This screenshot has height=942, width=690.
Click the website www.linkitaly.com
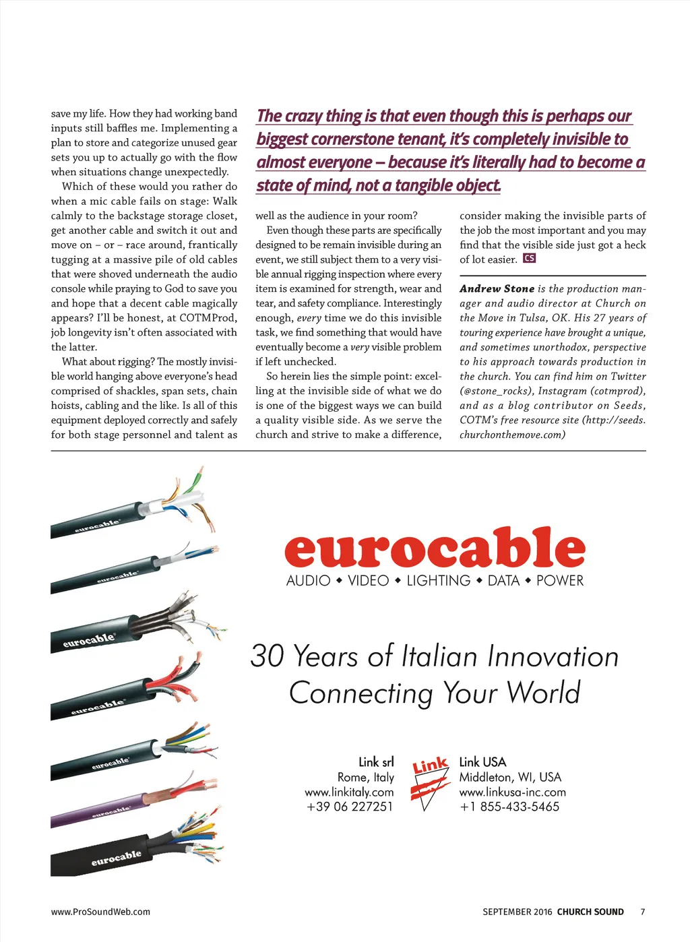click(x=349, y=792)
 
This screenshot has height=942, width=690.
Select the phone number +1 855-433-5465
click(x=509, y=807)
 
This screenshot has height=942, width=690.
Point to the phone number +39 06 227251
click(x=349, y=807)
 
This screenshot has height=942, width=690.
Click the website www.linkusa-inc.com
click(x=512, y=792)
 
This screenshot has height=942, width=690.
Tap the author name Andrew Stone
click(x=497, y=288)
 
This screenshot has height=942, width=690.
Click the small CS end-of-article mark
click(x=530, y=259)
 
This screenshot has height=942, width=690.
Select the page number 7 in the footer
click(x=643, y=912)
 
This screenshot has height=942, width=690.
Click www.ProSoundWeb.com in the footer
click(x=100, y=912)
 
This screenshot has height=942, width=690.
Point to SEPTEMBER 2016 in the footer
click(x=517, y=912)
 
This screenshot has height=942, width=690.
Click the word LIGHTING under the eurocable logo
click(x=438, y=580)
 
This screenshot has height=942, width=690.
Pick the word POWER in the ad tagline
click(x=560, y=580)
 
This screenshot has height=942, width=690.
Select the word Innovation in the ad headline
click(x=553, y=656)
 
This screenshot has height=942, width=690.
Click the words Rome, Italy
click(x=365, y=777)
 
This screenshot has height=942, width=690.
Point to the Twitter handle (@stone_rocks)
click(x=497, y=391)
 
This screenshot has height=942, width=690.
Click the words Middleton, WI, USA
click(x=510, y=777)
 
